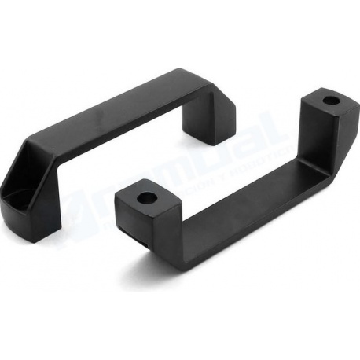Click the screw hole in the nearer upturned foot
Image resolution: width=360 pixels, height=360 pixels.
pos(145,197)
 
